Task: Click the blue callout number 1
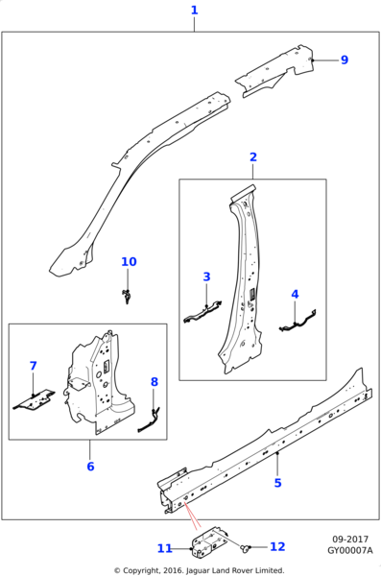click(195, 11)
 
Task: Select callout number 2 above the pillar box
click(253, 157)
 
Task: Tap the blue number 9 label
click(345, 60)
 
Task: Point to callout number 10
click(129, 262)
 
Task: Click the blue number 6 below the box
click(90, 467)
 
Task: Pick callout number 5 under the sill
click(277, 483)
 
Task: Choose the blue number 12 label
click(277, 546)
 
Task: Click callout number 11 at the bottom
click(165, 548)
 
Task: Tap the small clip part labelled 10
click(127, 296)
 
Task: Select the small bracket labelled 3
click(203, 312)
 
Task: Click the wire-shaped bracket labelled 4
click(298, 323)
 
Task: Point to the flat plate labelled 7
click(35, 400)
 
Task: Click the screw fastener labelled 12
click(245, 548)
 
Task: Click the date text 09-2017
click(350, 540)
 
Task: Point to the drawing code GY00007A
click(350, 551)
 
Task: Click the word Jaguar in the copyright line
click(199, 570)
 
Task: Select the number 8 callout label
click(155, 382)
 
